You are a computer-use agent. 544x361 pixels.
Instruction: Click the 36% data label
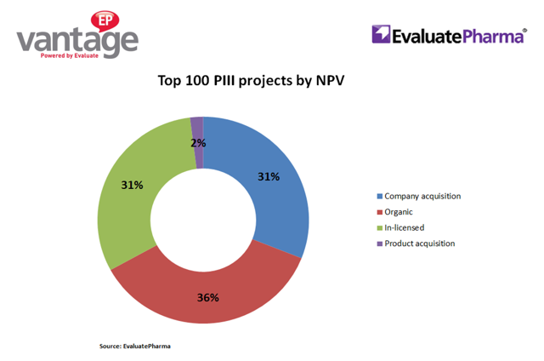tap(208, 297)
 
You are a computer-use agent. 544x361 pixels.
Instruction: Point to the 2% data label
tap(197, 143)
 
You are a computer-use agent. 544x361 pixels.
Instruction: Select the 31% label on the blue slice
tap(269, 177)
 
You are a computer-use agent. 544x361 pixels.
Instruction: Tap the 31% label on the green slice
tap(132, 185)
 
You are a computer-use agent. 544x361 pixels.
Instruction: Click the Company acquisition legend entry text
tap(422, 197)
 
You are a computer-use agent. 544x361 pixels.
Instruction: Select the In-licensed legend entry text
tap(407, 228)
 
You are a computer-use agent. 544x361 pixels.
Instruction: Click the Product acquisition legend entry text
tap(420, 244)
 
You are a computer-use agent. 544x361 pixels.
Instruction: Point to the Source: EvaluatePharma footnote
tap(134, 346)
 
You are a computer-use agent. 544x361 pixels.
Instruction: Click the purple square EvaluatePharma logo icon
tap(381, 35)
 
